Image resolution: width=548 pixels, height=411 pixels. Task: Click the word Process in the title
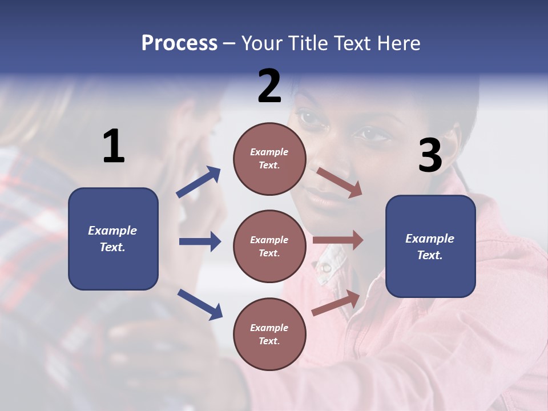179,43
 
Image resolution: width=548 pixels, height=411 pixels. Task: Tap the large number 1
114,147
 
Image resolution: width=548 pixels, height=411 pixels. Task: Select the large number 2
269,86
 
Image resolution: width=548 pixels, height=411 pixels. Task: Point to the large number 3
430,156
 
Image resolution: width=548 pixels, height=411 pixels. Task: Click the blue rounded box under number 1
113,239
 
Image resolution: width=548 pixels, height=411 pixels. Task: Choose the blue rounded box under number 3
430,246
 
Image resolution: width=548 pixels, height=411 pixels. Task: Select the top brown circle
269,158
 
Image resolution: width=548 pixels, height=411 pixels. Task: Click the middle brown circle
269,246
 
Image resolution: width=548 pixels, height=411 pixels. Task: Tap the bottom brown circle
269,334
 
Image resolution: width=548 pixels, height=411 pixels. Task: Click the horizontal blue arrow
200,241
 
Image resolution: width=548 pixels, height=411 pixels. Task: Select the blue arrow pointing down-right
200,304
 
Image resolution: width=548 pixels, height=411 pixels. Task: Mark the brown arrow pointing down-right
339,183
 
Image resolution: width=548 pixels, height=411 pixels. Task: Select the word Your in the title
262,43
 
